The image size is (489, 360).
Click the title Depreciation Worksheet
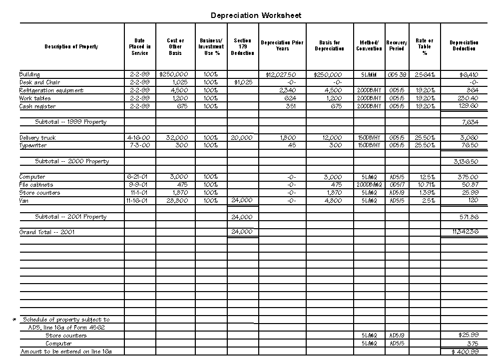(256, 15)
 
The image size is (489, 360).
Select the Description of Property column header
(71, 46)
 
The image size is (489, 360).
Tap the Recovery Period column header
(397, 46)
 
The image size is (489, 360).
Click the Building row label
(29, 74)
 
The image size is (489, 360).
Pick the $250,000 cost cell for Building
(173, 74)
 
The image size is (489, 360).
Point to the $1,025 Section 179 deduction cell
(243, 82)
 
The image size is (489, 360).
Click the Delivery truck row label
(38, 137)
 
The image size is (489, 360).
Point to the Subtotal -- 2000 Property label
(72, 161)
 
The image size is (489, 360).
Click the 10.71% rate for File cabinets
(425, 185)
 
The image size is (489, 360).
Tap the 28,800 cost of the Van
(177, 201)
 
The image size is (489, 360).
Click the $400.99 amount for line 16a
(465, 352)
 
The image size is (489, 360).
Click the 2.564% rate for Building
(425, 74)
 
